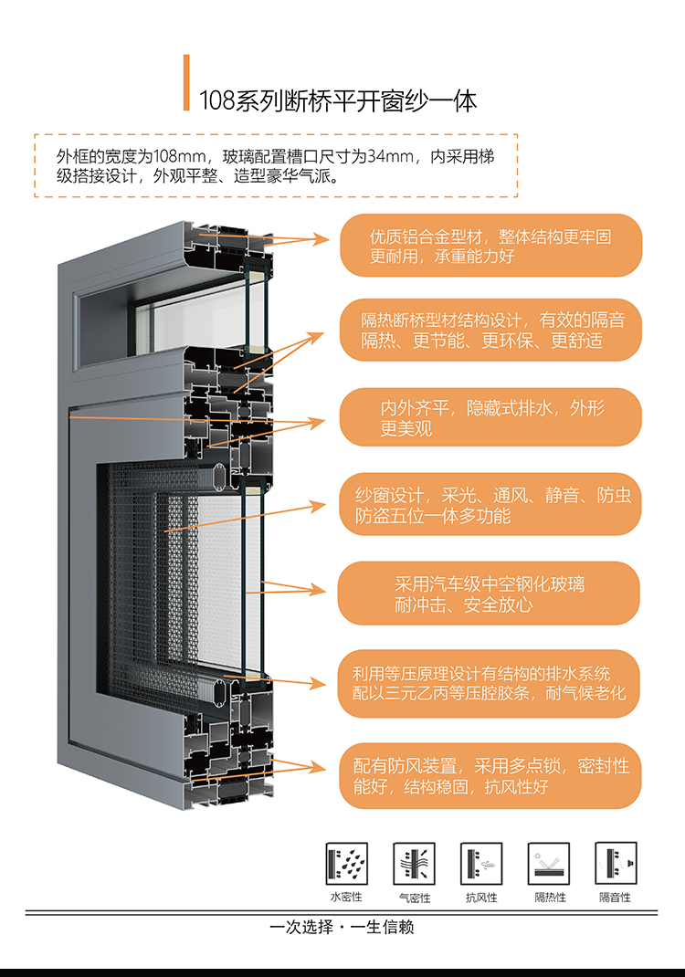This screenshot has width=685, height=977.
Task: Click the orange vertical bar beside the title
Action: coord(186,83)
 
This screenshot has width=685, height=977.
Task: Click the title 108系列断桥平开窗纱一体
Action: coord(338,101)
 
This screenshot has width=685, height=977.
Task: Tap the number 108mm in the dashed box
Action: coord(176,156)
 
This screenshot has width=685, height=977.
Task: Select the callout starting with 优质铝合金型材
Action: coord(490,246)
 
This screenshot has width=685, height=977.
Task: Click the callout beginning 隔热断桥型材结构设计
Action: coord(490,330)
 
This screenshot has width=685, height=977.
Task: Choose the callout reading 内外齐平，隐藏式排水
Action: coord(490,417)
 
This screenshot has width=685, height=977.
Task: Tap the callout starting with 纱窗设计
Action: coord(490,505)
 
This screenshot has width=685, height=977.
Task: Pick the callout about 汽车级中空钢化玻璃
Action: coord(489,594)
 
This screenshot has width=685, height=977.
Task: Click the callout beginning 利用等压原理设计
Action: coord(489,684)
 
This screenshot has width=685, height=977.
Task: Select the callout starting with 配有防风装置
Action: coord(490,776)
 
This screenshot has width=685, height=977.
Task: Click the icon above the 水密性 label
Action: coord(346,864)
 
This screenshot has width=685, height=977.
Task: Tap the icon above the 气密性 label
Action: coord(414,864)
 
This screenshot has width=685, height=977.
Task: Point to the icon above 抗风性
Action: coord(481,864)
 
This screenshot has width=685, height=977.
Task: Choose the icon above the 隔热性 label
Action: coord(549,864)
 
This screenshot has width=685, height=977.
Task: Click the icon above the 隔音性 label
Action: coord(616,864)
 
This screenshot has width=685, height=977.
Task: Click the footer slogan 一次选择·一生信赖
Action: coord(342,927)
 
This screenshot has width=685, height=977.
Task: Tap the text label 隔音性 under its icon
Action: coord(616,898)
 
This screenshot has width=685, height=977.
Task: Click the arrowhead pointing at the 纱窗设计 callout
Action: coord(318,505)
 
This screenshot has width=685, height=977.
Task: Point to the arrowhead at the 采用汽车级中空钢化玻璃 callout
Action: coord(318,590)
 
